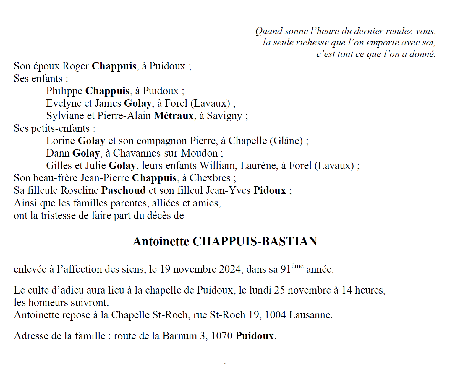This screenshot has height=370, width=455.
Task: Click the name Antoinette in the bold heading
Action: point(161,241)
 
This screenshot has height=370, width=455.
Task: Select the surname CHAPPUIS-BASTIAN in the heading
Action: point(255,241)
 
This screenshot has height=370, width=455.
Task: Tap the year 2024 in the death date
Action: point(230,269)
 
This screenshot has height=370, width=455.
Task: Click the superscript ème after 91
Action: point(297,266)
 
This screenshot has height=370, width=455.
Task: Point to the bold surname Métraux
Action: point(174,115)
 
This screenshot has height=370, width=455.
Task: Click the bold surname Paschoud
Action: point(124,190)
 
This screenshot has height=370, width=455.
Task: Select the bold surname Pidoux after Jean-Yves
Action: point(270,190)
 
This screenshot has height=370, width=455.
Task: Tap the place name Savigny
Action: point(224,116)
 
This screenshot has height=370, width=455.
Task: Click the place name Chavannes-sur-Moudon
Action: point(165,153)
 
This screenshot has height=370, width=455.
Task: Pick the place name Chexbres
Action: point(210,178)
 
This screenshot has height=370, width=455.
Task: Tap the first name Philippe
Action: point(64,91)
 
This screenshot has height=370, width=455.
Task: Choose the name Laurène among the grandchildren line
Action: point(259,165)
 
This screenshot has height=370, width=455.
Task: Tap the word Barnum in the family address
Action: point(179,336)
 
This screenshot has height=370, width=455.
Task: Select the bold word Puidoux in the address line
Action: point(255,336)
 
